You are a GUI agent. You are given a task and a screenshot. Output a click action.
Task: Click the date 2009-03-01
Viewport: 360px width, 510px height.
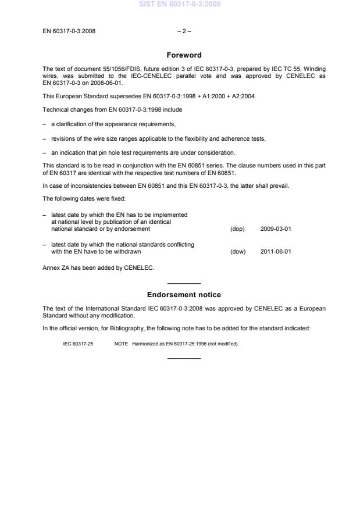[276, 229]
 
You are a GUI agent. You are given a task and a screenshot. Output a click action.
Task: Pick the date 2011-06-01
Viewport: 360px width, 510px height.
[276, 252]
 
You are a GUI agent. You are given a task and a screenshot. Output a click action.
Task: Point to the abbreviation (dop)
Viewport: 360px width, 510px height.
[237, 229]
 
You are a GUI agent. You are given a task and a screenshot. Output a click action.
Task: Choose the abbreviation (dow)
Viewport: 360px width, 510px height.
[238, 252]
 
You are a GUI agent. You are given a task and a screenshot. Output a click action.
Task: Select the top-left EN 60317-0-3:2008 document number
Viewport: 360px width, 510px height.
[69, 31]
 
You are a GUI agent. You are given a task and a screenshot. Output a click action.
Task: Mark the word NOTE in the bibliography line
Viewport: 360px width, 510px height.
[121, 344]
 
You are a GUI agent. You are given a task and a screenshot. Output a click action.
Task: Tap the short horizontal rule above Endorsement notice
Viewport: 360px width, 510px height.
[184, 283]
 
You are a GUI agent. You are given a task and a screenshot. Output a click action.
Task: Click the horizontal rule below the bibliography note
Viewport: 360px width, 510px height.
[184, 358]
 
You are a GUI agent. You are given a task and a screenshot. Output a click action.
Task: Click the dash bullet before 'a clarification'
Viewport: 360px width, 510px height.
[45, 124]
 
